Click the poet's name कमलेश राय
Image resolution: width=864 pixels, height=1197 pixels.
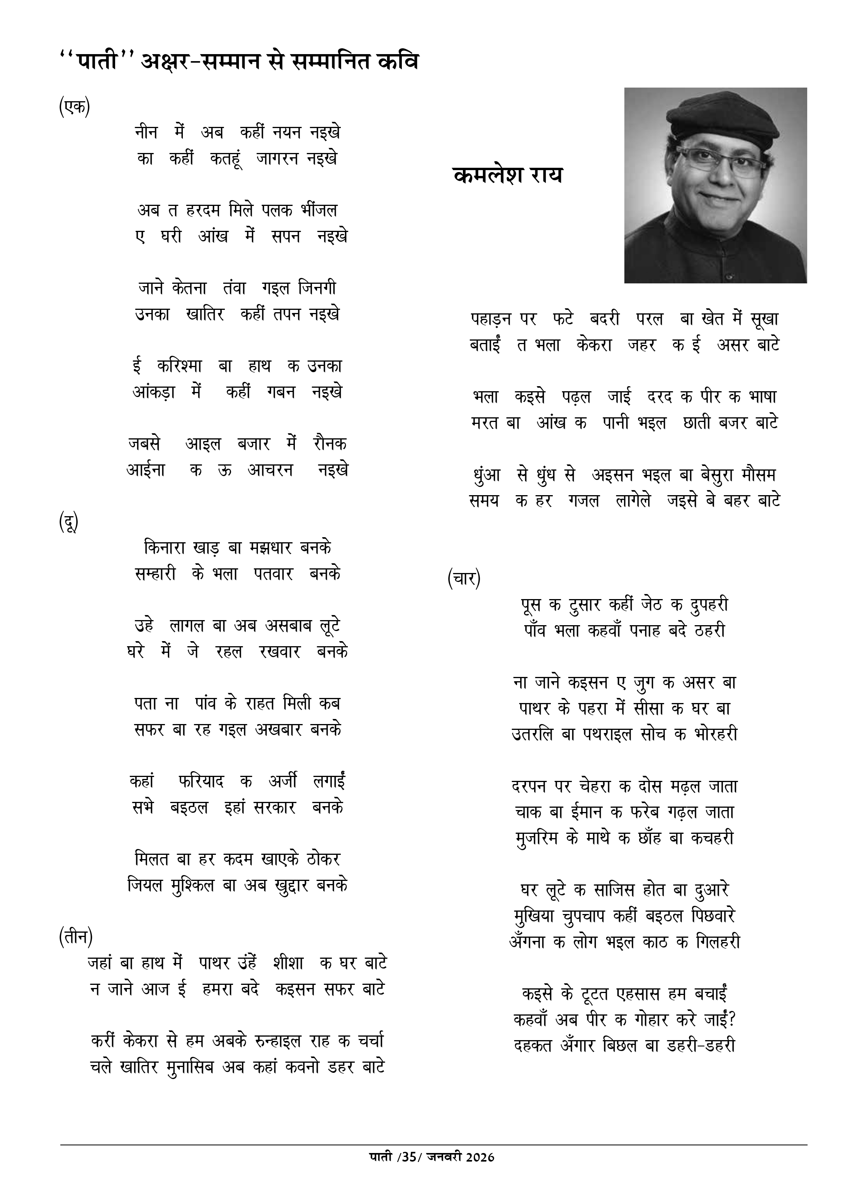point(507,175)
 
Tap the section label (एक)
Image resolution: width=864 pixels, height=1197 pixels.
point(74,107)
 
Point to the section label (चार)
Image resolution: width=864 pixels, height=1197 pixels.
point(464,579)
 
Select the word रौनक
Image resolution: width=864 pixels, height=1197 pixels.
point(329,444)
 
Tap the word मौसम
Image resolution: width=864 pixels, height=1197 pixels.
point(757,475)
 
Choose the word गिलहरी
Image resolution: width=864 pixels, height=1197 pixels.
point(718,942)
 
